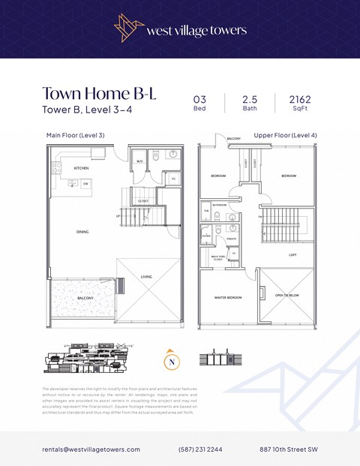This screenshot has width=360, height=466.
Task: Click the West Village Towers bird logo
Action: [x=130, y=29]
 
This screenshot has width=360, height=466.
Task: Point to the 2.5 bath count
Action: [x=249, y=99]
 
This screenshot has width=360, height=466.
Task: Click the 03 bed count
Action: [x=199, y=99]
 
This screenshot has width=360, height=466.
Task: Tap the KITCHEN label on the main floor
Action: [x=81, y=168]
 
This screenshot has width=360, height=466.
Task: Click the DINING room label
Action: [x=82, y=232]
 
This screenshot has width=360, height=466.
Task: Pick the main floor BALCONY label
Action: [x=85, y=298]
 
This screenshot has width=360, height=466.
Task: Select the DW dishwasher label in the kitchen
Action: [x=85, y=183]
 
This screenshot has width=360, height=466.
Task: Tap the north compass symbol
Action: [x=172, y=361]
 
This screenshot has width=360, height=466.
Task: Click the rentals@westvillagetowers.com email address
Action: [x=91, y=449]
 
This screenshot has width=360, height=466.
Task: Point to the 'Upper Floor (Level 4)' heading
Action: [x=285, y=135]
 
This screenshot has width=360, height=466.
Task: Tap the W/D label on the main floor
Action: [x=140, y=161]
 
